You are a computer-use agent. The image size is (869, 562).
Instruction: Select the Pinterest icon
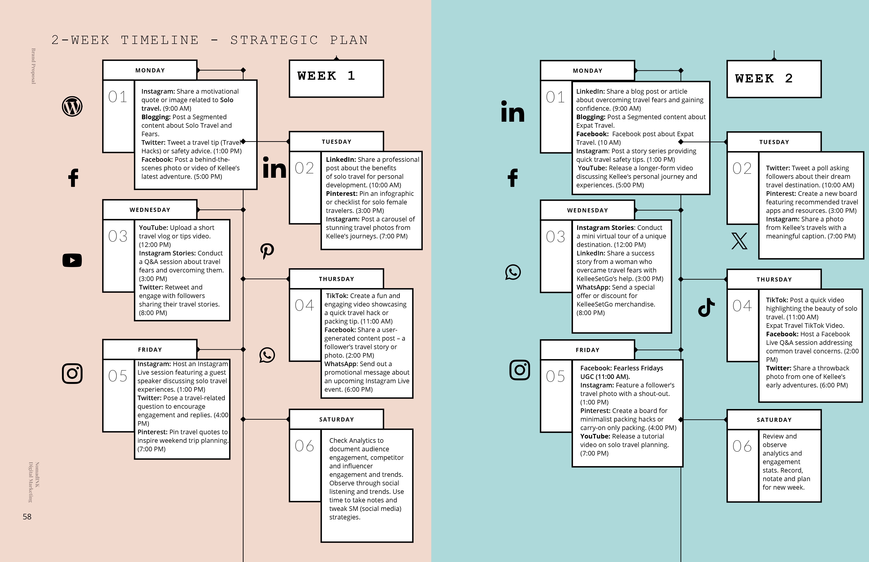point(267,251)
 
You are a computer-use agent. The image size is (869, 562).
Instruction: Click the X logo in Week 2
point(739,241)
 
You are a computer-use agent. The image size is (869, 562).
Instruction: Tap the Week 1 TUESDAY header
point(336,142)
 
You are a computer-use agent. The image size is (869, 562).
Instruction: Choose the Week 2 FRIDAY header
point(588,350)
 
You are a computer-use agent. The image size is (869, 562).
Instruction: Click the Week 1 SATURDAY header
point(336,419)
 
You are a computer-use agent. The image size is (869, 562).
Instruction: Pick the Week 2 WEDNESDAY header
point(588,210)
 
